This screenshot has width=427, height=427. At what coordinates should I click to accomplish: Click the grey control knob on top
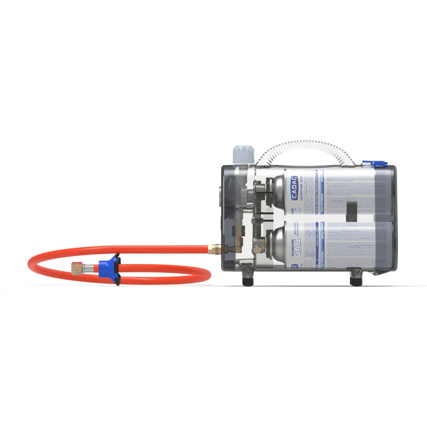coord(243,155)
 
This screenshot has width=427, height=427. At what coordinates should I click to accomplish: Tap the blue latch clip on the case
coord(374,164)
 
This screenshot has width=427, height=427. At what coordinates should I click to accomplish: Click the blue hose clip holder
coord(111,268)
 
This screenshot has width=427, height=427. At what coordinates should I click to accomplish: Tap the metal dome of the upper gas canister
coord(275,193)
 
